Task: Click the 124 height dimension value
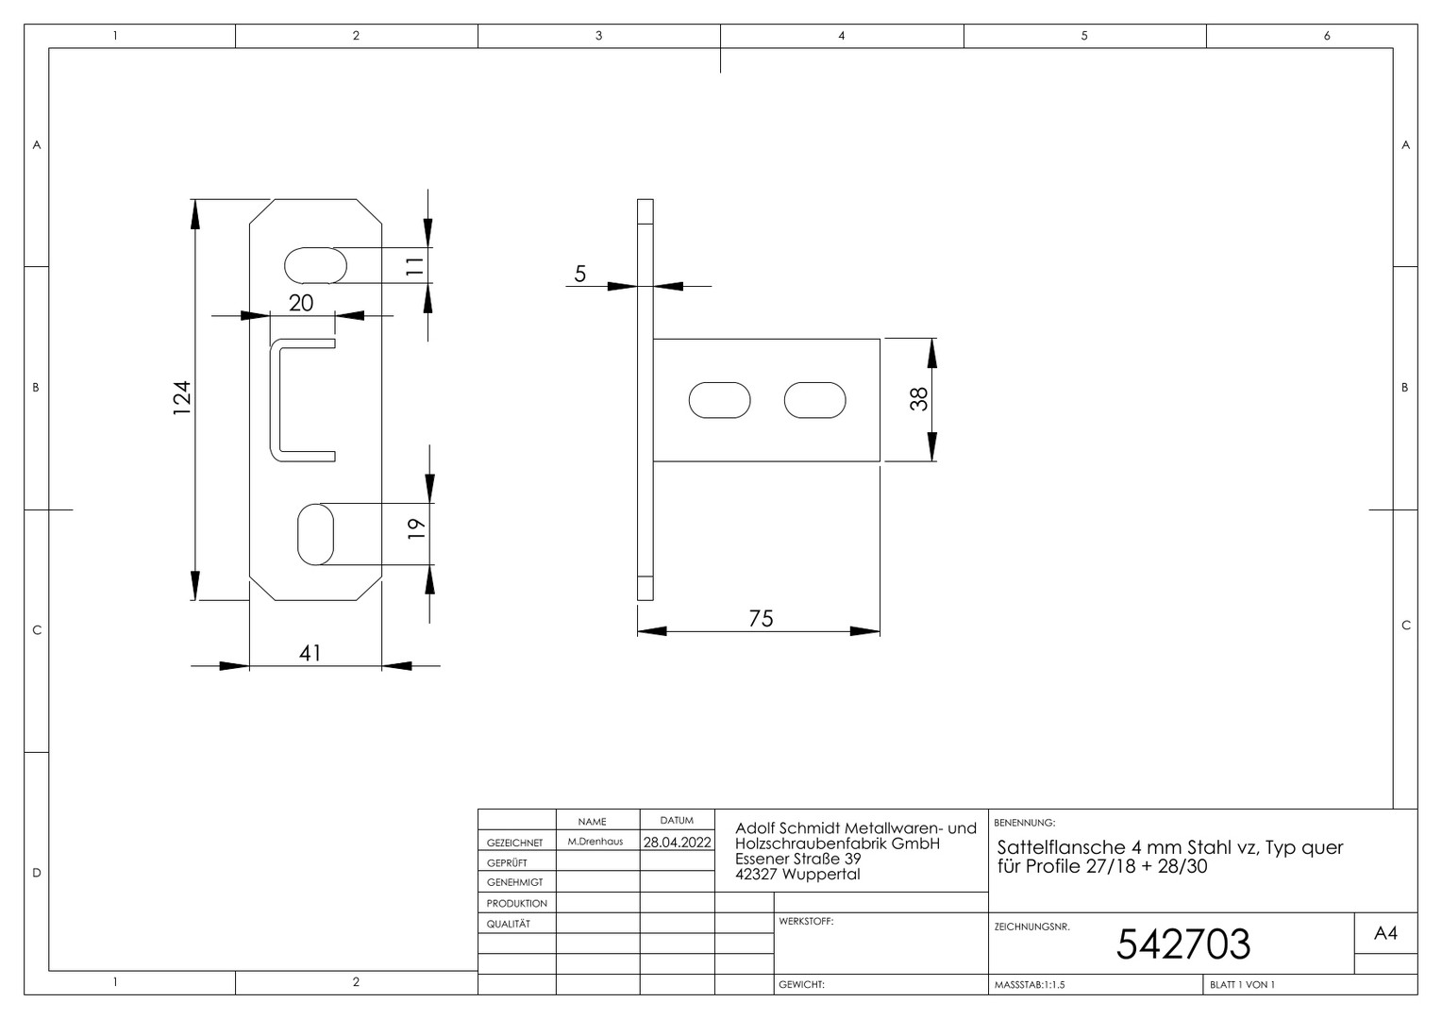(x=182, y=398)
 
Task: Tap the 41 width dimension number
(x=310, y=653)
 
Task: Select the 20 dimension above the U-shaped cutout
(x=301, y=303)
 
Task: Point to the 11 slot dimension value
(x=414, y=266)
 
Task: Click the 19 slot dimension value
(x=416, y=529)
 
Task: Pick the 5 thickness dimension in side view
(x=580, y=275)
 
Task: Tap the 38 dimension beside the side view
(x=918, y=399)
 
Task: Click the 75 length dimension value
(x=761, y=619)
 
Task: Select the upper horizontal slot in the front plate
(x=315, y=265)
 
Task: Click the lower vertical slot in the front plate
(x=315, y=534)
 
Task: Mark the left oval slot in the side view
(x=720, y=400)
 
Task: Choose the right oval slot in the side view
(x=815, y=400)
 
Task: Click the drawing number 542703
(x=1183, y=944)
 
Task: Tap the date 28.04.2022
(x=678, y=842)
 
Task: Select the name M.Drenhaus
(x=595, y=842)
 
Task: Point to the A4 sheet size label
(x=1385, y=933)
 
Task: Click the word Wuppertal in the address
(x=821, y=874)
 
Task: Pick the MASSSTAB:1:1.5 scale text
(x=1030, y=984)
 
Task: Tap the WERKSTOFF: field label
(x=806, y=921)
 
